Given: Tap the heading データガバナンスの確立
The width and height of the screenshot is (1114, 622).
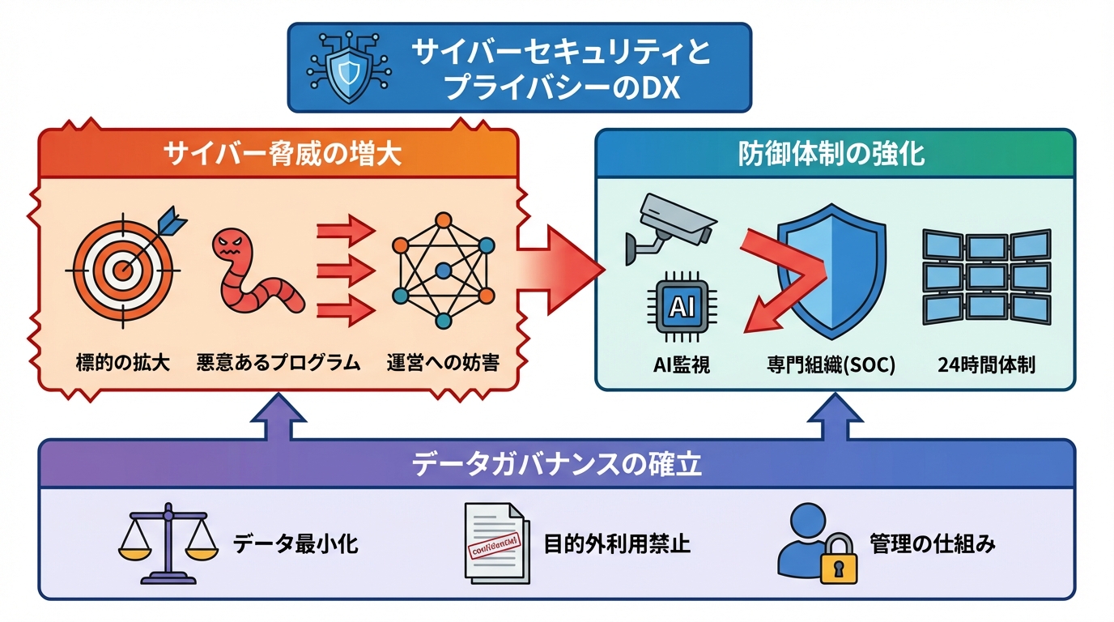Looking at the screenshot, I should click(557, 465).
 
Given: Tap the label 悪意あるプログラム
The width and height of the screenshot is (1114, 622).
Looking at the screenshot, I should click(278, 363).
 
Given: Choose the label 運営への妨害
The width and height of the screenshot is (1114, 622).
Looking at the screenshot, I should click(442, 363).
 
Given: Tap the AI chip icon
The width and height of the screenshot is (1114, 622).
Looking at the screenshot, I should click(678, 307).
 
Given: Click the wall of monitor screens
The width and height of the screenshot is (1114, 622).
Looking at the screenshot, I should click(986, 278).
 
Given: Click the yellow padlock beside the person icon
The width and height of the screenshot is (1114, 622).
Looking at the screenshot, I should click(837, 558).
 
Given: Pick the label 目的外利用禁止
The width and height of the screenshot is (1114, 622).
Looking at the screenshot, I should click(617, 543).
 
